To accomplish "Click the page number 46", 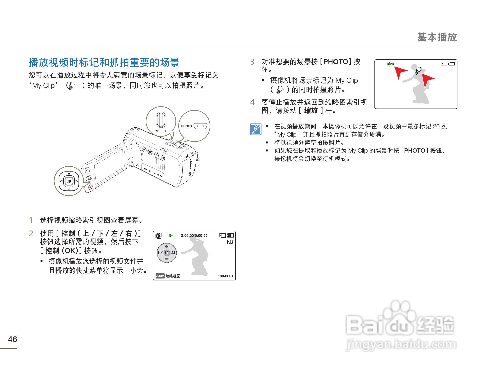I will tap(12, 339).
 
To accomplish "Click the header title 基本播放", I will tap(437, 37).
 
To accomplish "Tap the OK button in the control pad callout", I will tap(69, 181).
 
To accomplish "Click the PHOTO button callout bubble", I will tap(194, 126).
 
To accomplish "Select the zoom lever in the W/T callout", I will tap(161, 120).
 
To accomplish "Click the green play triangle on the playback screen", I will tap(171, 235).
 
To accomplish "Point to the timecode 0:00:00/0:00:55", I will tap(194, 236).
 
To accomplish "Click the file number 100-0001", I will tap(225, 276).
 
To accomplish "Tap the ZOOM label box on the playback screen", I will tap(160, 276).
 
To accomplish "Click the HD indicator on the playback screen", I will tap(230, 242).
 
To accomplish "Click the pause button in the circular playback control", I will tap(167, 253).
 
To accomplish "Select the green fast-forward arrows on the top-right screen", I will tap(390, 64).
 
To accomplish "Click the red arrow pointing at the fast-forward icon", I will tap(400, 72).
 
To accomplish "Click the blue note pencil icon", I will tap(256, 129).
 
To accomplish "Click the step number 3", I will tap(252, 62).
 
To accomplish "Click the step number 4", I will tap(252, 102).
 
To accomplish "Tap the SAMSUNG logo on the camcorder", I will tap(190, 168).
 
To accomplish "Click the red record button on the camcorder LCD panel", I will tap(90, 187).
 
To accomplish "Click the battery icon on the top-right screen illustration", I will tap(452, 64).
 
